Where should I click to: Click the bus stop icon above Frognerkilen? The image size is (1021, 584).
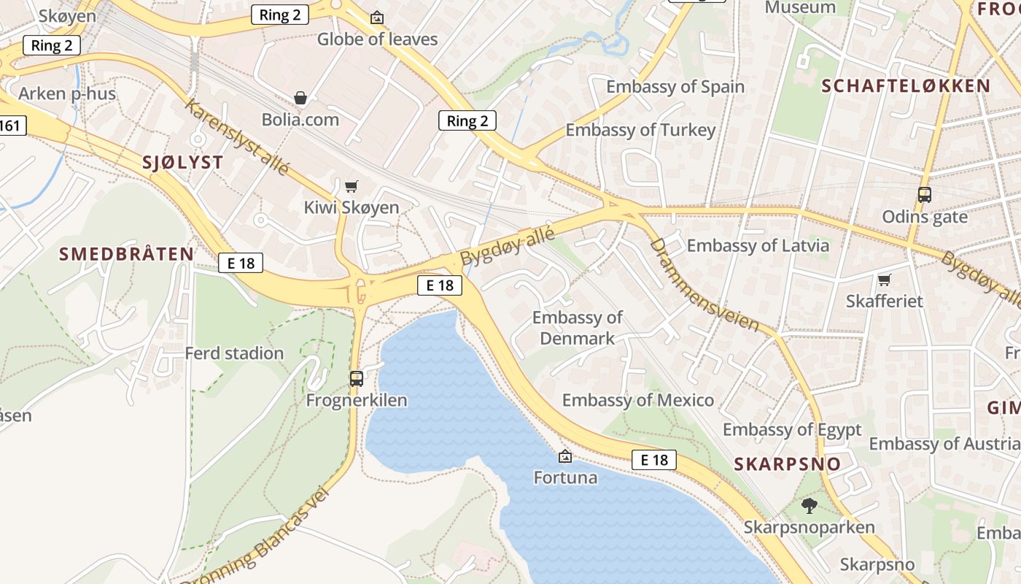pos(356,378)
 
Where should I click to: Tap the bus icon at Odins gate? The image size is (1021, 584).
pos(924,195)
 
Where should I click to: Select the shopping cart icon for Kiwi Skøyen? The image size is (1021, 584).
pos(352,186)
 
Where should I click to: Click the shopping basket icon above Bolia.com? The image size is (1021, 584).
pos(300,98)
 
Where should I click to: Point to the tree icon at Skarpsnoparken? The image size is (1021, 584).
pos(809,505)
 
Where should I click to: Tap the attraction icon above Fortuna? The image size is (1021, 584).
pos(564,457)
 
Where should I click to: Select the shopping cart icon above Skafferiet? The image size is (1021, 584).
pos(884,280)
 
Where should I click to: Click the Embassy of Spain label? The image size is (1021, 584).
pos(675,87)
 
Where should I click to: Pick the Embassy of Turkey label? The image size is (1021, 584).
pos(640,131)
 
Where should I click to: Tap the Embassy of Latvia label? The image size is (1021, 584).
pos(758,245)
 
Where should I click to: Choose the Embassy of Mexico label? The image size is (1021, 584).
pos(637,400)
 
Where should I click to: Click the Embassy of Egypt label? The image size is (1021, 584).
pos(791,429)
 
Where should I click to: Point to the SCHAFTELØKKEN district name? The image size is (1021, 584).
pos(906,86)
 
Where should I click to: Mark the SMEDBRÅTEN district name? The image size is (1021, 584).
pos(126,254)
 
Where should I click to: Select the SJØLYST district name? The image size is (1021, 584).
pos(182,163)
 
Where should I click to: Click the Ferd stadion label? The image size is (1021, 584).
pos(234,353)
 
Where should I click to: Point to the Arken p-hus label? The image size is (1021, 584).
pos(67,93)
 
